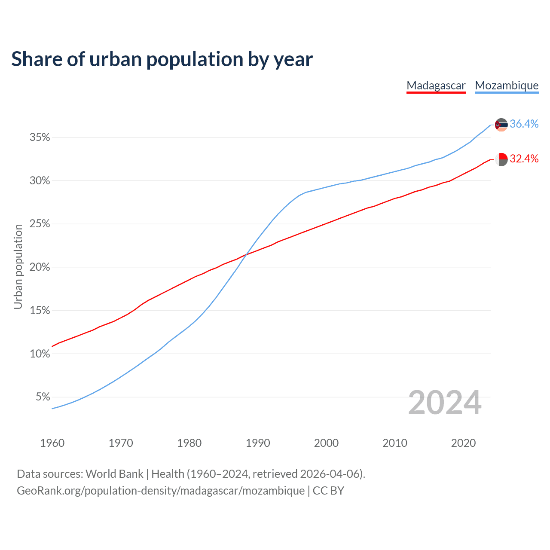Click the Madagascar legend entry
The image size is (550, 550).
coord(436,86)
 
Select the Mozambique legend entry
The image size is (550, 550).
coord(507,86)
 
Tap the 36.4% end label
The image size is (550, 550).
coord(524,124)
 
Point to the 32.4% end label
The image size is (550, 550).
coord(524,159)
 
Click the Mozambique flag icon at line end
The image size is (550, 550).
coord(501,125)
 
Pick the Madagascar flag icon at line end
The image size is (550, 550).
coord(501,159)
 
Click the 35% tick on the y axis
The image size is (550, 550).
coord(40,137)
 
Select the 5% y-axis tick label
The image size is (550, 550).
coord(43,397)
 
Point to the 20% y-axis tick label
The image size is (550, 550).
coord(40,267)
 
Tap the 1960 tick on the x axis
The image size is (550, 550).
coord(52,443)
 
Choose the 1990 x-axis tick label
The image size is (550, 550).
coord(258,443)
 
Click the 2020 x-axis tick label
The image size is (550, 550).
coord(463,443)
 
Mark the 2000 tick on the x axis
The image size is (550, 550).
coord(326,443)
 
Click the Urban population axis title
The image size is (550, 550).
coord(18,266)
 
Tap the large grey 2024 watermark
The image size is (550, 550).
coord(444,403)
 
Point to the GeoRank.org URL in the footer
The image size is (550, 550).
coord(160,490)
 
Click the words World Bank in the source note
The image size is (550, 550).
coord(114,474)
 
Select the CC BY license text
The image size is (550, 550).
coord(328,490)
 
